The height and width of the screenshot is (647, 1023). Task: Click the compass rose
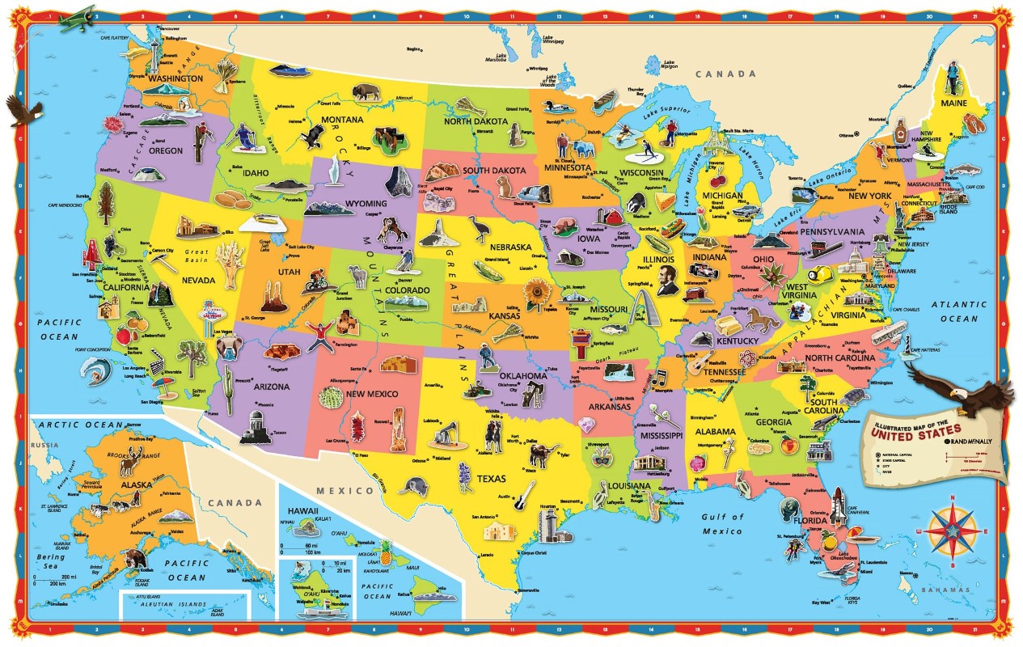click(x=952, y=529)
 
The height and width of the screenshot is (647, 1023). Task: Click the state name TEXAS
click(x=490, y=479)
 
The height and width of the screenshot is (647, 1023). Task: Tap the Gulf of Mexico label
click(x=721, y=524)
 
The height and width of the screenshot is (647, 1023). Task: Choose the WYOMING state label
click(x=344, y=204)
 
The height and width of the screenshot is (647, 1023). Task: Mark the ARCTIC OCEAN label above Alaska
click(x=78, y=425)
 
